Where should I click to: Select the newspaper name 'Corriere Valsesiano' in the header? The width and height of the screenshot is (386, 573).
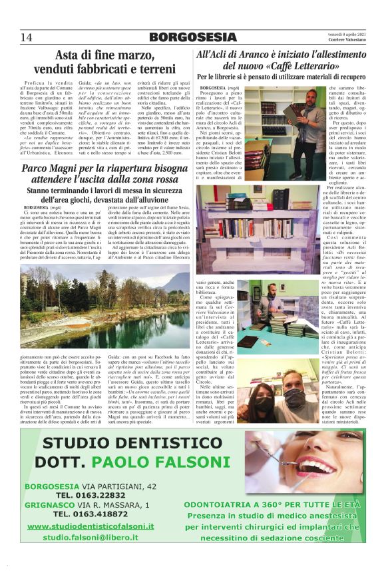point(343,40)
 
